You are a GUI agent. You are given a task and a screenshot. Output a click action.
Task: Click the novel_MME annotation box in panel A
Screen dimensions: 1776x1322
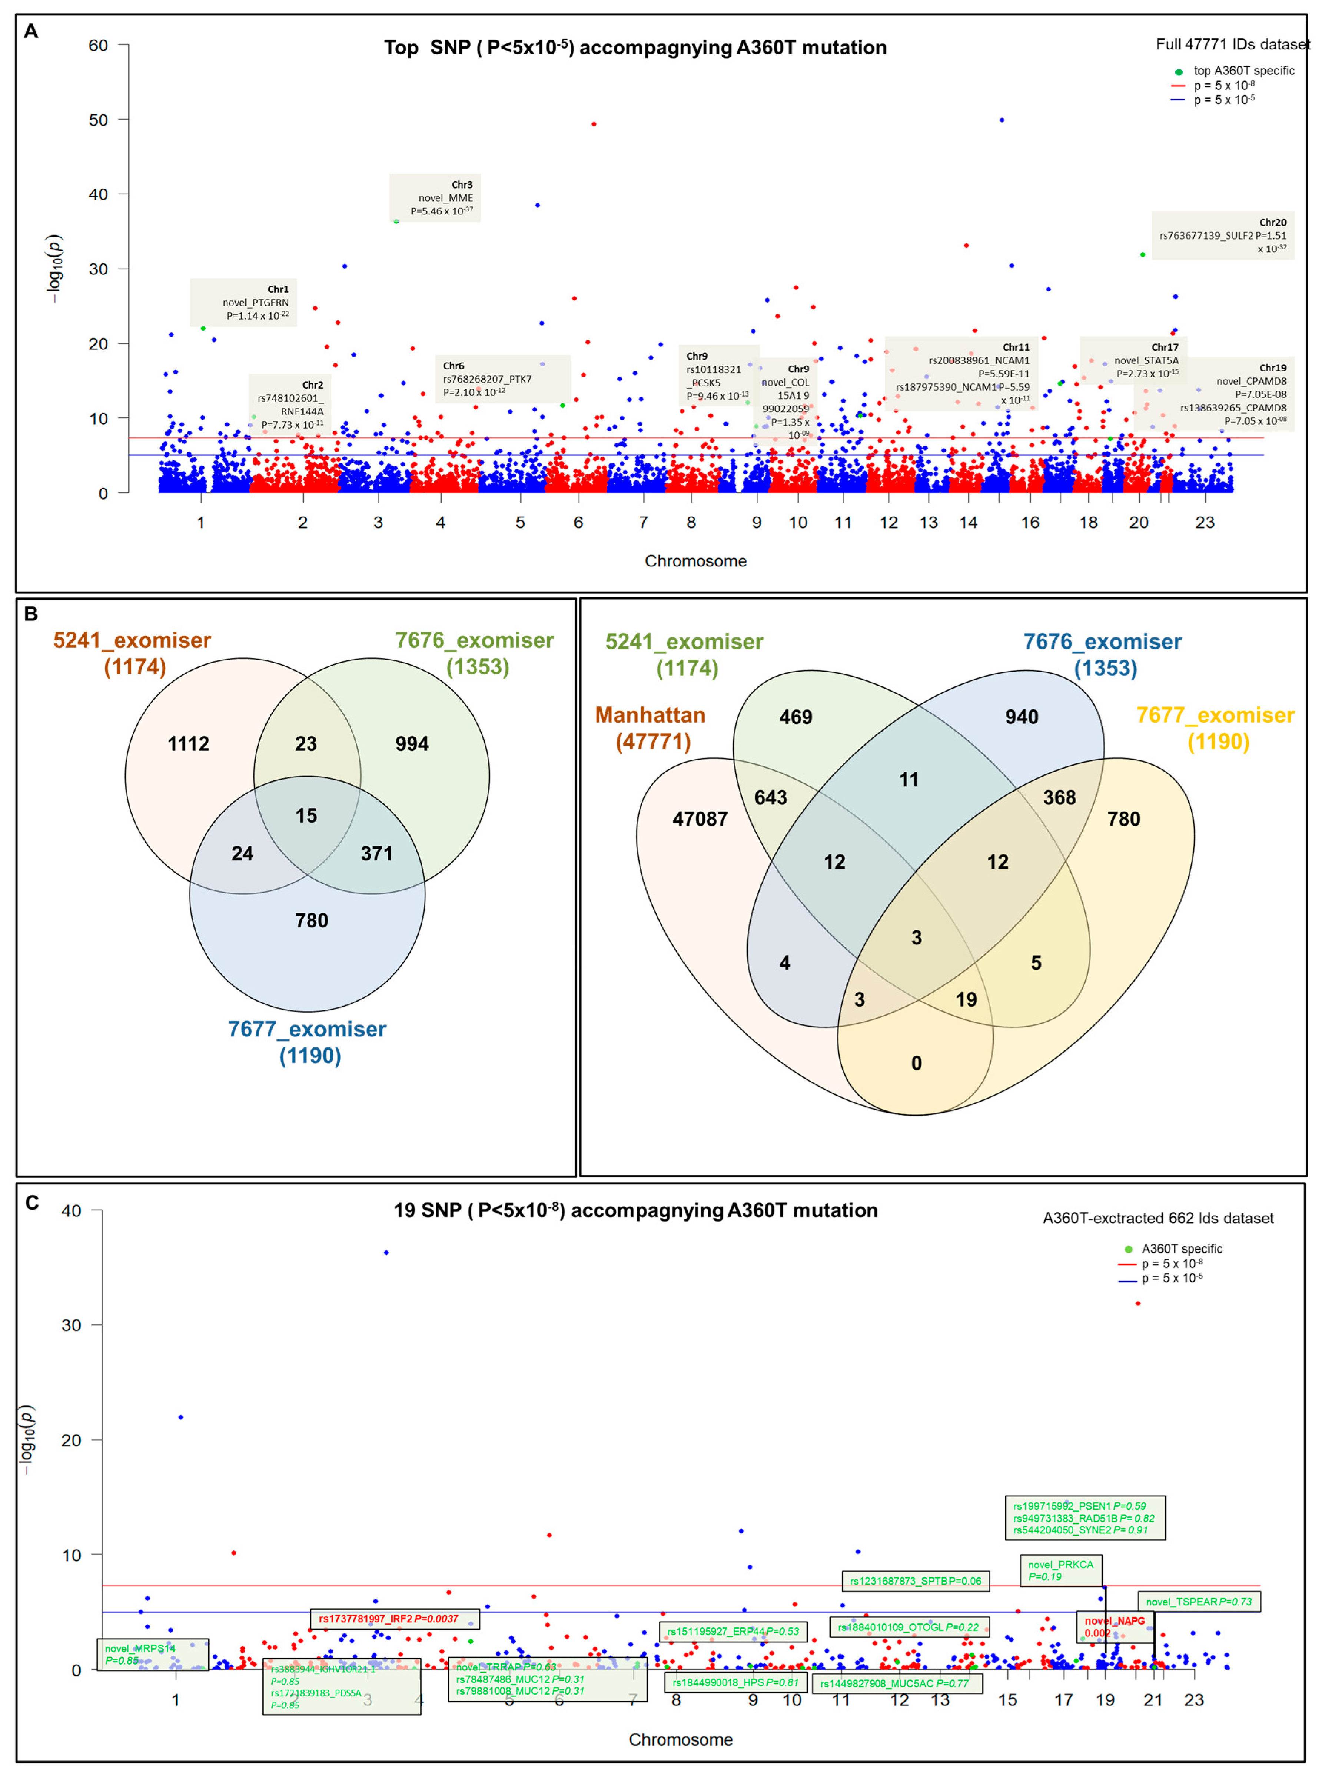[x=435, y=197]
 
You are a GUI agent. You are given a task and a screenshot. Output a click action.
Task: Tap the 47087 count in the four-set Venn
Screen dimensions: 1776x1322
[x=700, y=819]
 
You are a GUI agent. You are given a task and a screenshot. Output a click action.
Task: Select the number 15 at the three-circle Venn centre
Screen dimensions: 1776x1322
[x=306, y=815]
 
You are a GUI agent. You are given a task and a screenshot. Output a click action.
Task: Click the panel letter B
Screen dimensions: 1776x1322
[x=31, y=614]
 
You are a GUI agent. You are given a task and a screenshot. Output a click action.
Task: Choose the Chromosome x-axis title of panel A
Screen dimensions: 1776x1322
[x=695, y=561]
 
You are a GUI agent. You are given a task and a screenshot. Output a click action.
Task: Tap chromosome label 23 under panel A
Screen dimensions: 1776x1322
[x=1205, y=522]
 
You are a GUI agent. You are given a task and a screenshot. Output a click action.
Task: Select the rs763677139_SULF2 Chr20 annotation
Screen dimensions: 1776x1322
[x=1222, y=235]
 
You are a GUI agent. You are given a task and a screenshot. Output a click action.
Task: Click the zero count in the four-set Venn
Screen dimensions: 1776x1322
[x=916, y=1063]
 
